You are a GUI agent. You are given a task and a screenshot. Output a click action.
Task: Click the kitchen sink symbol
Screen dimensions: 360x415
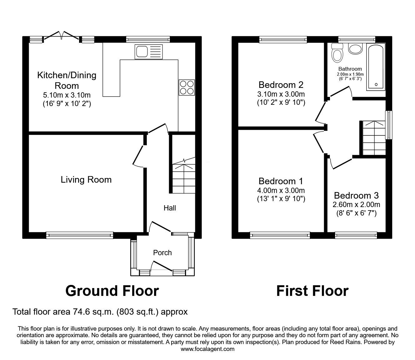point(148,52)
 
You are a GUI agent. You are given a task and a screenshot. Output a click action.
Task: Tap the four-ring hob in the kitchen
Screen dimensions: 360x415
point(187,87)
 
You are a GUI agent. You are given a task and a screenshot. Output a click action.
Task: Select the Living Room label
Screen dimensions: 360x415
point(86,180)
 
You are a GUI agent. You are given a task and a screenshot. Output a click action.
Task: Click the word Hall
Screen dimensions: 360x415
point(170,208)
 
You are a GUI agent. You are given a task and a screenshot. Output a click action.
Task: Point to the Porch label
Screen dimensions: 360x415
point(162,253)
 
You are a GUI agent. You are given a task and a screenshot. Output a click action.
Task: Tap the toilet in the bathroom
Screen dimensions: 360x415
point(337,53)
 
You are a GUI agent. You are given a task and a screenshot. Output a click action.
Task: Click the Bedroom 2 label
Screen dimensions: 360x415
point(281,85)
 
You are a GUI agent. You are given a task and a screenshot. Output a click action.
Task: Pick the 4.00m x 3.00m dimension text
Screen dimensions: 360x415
point(281,190)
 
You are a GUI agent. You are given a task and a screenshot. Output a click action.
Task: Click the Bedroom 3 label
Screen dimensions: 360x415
point(356,195)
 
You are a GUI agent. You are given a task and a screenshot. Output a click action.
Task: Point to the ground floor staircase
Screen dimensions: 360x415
point(183,177)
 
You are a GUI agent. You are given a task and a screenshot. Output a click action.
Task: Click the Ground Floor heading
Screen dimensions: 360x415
point(112,291)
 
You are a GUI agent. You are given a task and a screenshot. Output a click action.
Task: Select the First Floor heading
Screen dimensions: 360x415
point(312,291)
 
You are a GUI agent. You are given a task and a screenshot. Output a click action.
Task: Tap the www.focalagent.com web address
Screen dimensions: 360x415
point(207,349)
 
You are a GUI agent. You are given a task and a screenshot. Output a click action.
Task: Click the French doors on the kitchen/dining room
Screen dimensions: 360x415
point(61,37)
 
